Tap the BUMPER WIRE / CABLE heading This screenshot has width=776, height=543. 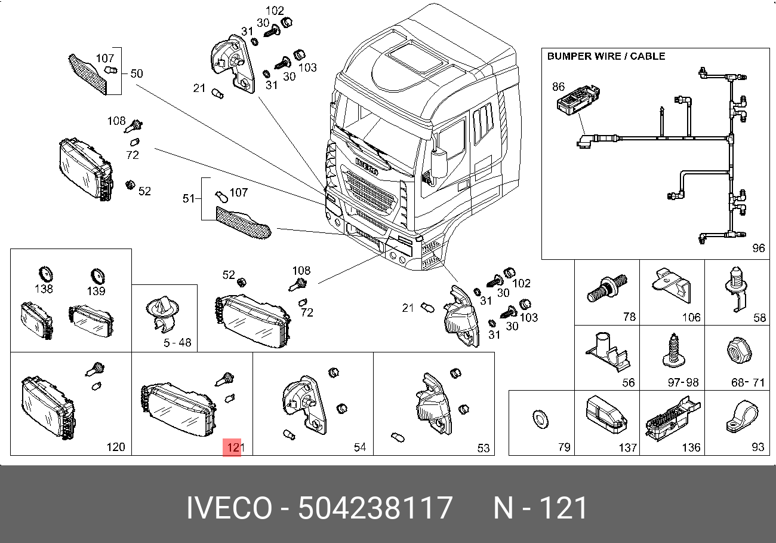pos(606,56)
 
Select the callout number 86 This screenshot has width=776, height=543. pos(559,87)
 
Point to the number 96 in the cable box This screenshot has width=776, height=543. pos(758,248)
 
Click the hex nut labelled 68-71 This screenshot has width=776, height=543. pos(739,350)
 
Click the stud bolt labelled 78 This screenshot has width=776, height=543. pos(607,288)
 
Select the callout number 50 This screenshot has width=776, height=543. pos(137,73)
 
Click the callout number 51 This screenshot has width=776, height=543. pos(189,198)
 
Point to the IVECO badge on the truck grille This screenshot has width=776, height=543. pos(367,167)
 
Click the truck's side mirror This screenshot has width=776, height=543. pos(439,164)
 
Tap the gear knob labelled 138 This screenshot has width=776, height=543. pos(45,274)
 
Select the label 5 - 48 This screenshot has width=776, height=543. pos(177,342)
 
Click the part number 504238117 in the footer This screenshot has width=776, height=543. pos(375,508)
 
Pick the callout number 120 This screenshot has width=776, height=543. pos(116,447)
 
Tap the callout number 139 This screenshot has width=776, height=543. pos(97,277)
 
